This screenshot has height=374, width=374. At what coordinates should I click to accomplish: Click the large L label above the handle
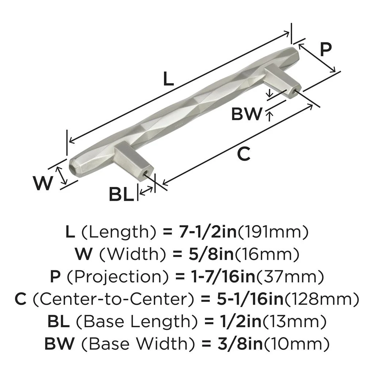[x=168, y=79]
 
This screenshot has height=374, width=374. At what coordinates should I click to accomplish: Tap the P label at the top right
[x=326, y=49]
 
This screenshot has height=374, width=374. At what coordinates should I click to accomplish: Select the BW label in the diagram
[x=247, y=114]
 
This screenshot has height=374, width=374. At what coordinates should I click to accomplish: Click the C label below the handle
[x=244, y=154]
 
